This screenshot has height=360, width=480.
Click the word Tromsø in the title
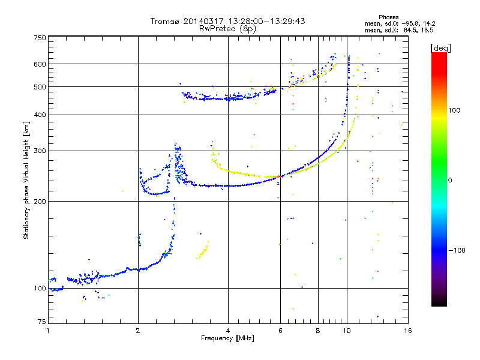coord(165,21)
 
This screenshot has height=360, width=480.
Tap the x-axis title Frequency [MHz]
coord(227,339)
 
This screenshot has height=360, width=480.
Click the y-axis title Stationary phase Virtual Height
coord(26,180)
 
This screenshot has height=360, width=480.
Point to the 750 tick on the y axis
coord(40,38)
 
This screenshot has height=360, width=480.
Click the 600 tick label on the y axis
coord(40,64)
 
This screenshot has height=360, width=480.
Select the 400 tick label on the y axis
coord(40,115)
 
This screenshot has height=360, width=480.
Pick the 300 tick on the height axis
coord(40,151)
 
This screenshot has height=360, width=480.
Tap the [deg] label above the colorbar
coord(441,47)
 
